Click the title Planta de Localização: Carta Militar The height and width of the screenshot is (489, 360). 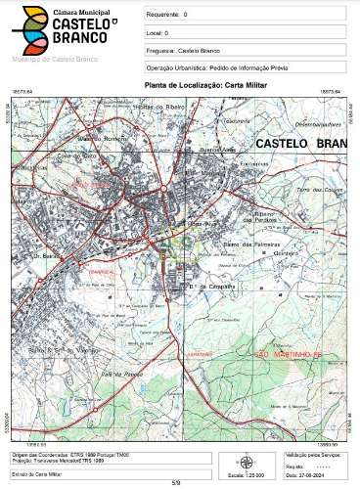pos(192,85)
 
